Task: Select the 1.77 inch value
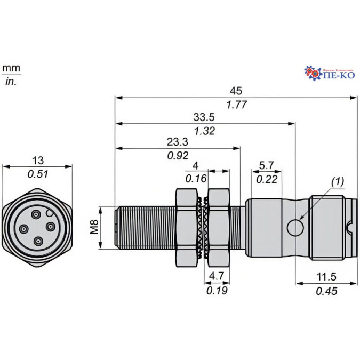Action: click(236, 105)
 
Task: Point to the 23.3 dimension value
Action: click(178, 142)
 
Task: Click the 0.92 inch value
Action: click(178, 156)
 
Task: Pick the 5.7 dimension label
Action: click(267, 165)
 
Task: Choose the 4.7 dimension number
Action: click(217, 276)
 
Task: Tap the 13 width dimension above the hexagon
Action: click(37, 160)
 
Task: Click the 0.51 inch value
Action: click(37, 173)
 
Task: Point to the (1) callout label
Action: click(338, 182)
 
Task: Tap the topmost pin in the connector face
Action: click(36, 214)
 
